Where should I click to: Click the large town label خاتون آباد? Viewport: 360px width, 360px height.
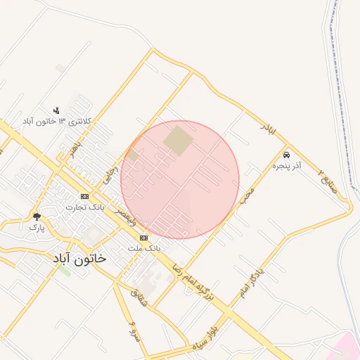pyautogui.click(x=79, y=258)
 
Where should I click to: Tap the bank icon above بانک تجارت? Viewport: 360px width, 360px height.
pyautogui.click(x=84, y=196)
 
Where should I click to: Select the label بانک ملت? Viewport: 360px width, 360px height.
pyautogui.click(x=145, y=249)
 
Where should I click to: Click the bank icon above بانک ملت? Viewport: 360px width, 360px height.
pyautogui.click(x=144, y=238)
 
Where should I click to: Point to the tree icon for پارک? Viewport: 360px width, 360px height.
pyautogui.click(x=37, y=217)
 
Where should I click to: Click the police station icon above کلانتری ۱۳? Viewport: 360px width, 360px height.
pyautogui.click(x=56, y=110)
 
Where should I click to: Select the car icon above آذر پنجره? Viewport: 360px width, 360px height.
pyautogui.click(x=286, y=155)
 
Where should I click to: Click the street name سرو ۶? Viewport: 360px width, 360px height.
pyautogui.click(x=131, y=329)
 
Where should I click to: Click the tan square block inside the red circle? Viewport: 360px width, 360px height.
pyautogui.click(x=178, y=141)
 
